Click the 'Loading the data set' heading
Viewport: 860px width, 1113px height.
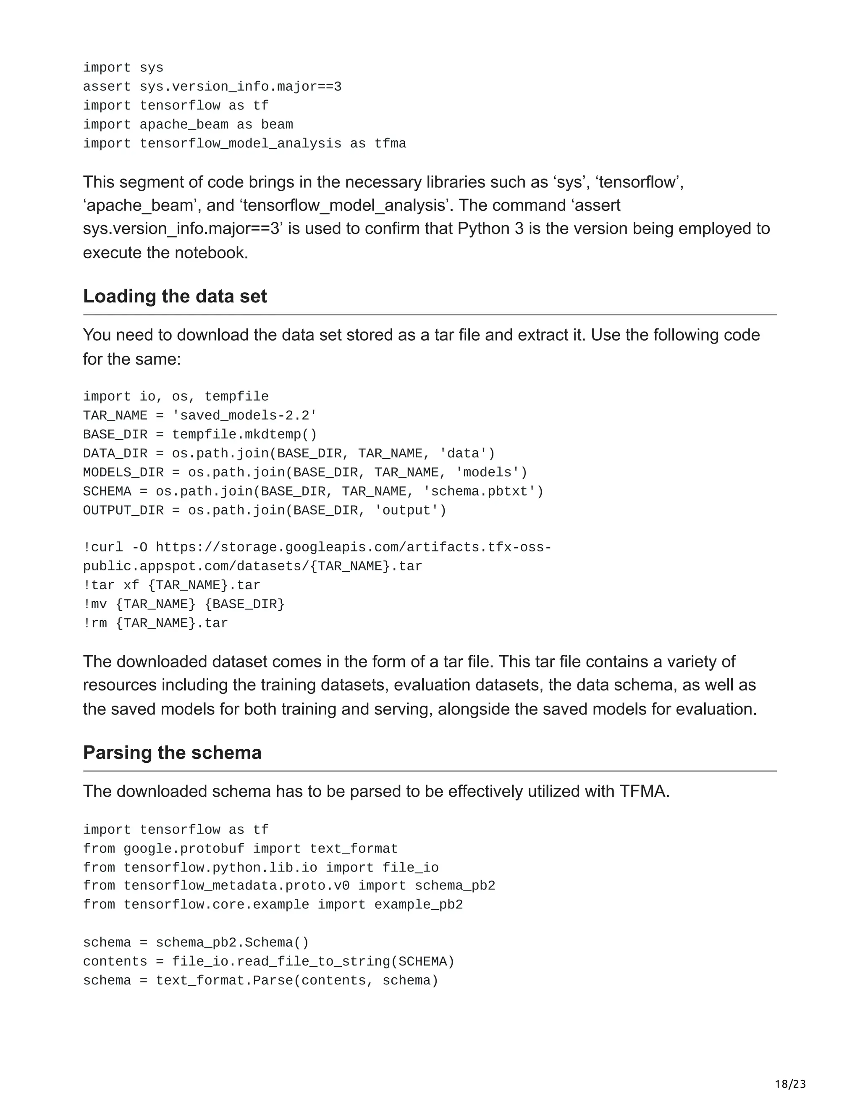pos(175,297)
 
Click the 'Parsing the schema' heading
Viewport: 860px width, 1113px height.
pos(172,753)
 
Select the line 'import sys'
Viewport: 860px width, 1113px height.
pos(123,68)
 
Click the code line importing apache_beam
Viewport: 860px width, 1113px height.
pos(188,125)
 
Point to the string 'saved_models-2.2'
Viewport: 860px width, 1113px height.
pos(244,416)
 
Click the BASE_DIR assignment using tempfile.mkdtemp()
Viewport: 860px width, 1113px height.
pos(200,435)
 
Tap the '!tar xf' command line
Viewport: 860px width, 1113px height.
pos(172,585)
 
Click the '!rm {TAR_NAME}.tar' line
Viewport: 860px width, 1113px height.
pos(155,623)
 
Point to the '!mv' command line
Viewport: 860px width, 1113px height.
pos(184,604)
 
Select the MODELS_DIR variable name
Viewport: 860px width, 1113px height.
pos(123,473)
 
